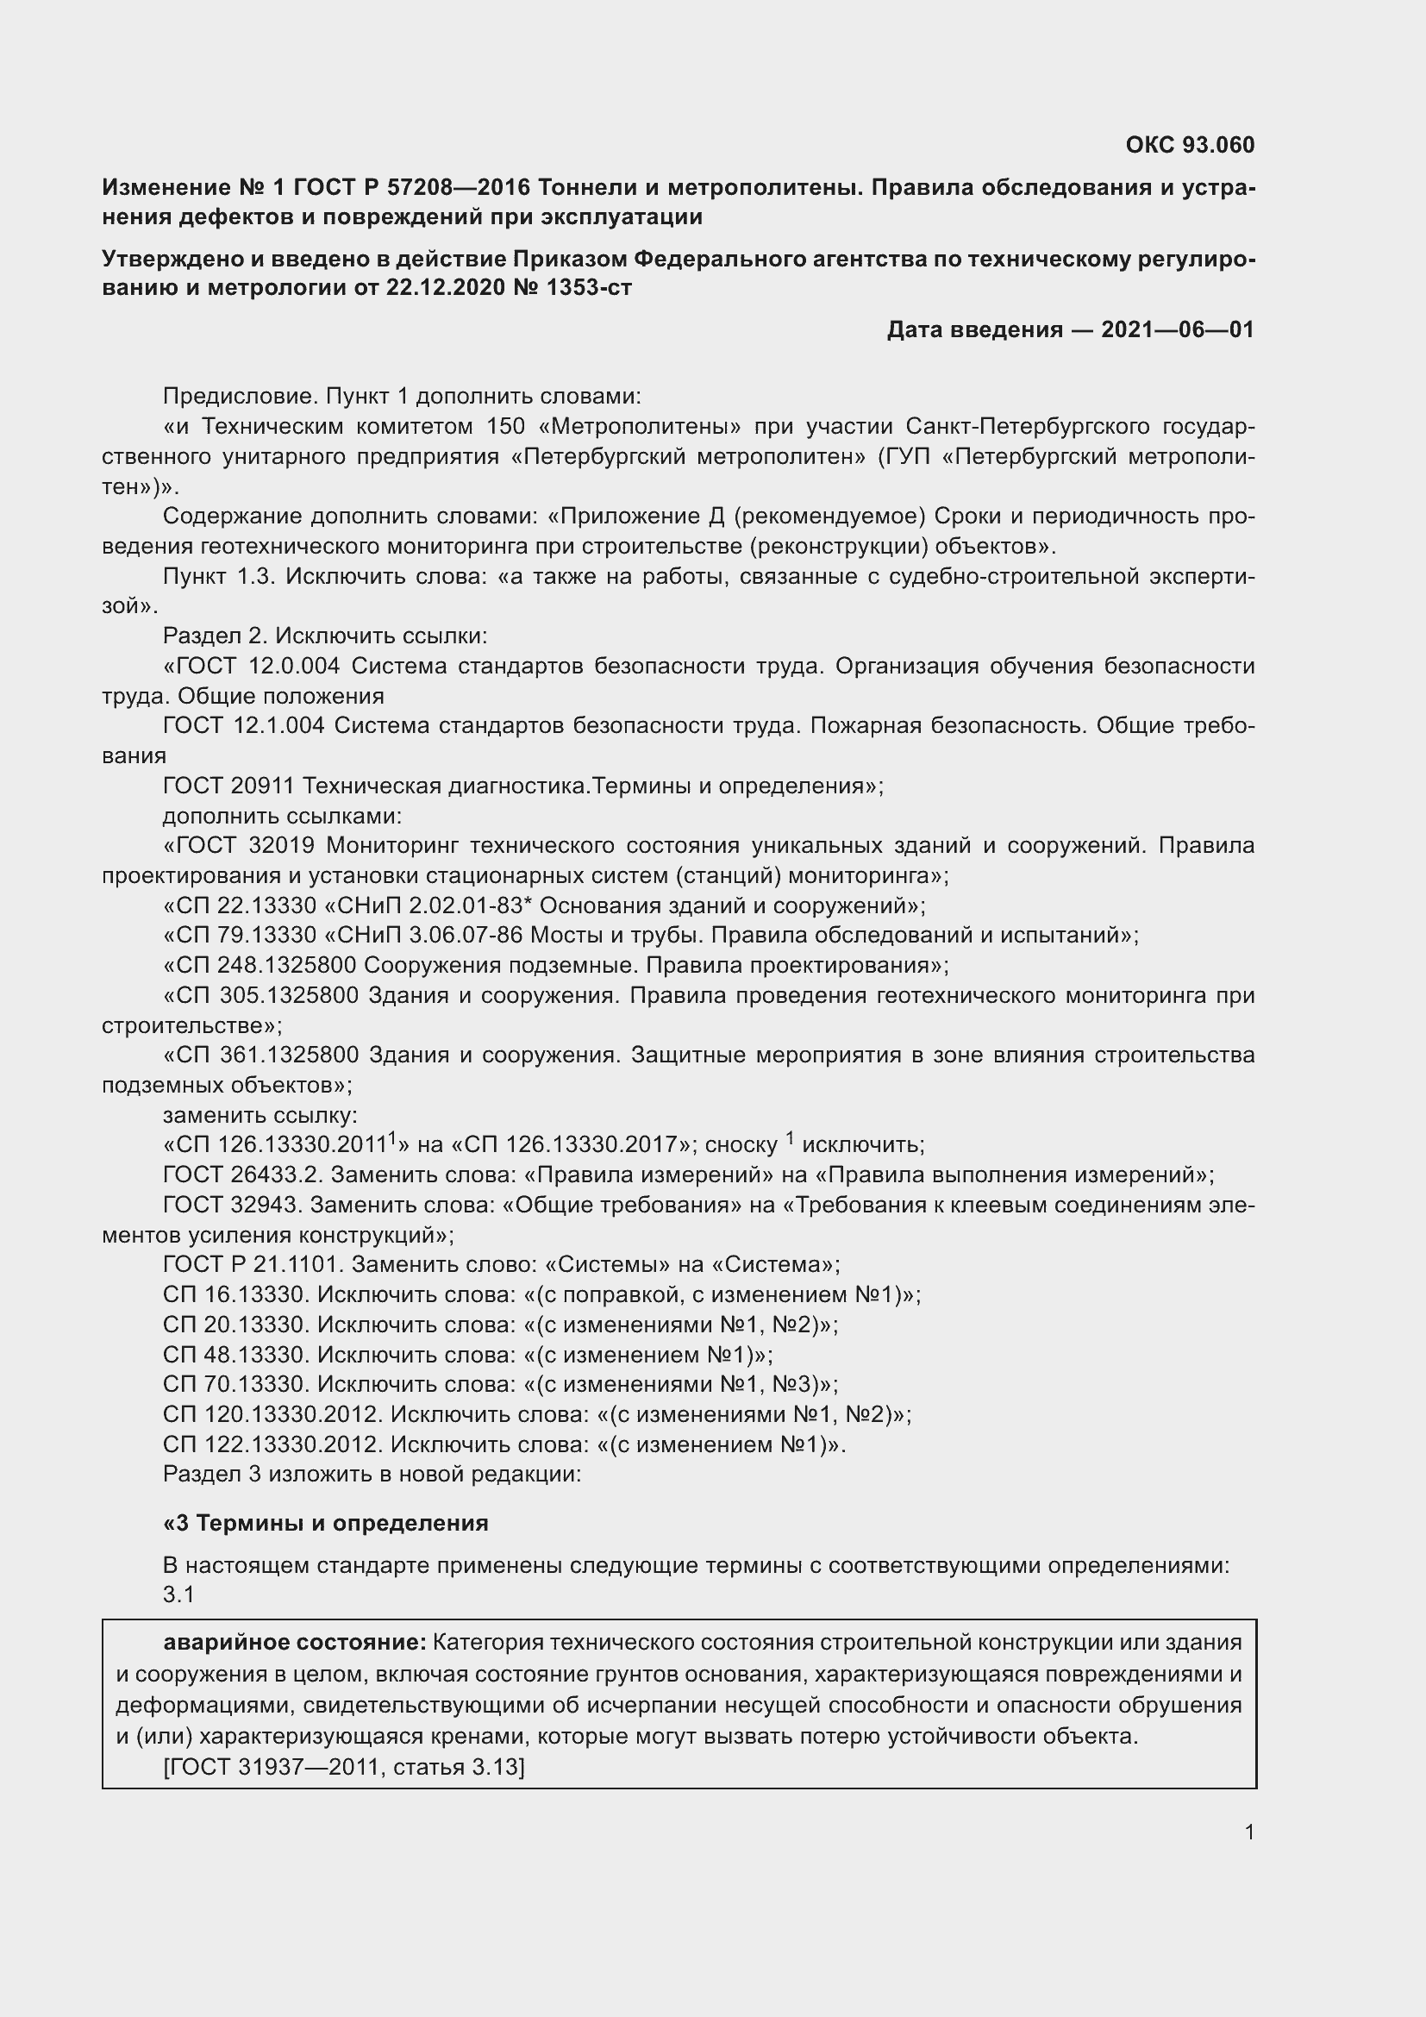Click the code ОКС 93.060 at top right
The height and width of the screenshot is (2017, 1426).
(1190, 145)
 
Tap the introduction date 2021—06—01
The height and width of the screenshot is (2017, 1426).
(1177, 330)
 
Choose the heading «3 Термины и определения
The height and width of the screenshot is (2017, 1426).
(326, 1523)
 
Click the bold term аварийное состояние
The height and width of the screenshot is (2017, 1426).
(294, 1642)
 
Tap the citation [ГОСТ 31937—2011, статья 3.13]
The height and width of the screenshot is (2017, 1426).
(343, 1767)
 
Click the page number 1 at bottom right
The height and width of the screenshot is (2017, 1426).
(1249, 1832)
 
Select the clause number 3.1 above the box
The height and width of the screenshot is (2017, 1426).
(178, 1594)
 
